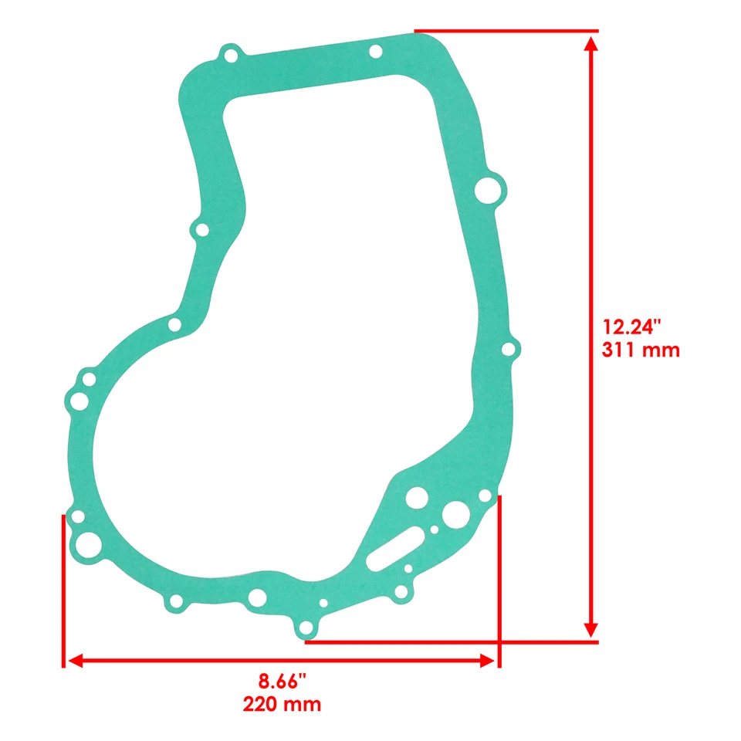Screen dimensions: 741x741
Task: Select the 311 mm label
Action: coord(641,350)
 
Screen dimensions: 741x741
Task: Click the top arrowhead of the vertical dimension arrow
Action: coord(591,43)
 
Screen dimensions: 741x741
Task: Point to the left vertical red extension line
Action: coord(62,590)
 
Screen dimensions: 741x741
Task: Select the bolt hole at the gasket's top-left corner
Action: coord(229,56)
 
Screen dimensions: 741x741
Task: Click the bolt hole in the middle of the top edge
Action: coord(375,51)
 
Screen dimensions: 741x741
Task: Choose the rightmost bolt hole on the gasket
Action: coord(508,350)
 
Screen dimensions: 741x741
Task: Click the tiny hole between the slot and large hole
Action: coord(435,530)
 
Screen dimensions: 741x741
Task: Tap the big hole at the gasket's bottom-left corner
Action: coord(86,543)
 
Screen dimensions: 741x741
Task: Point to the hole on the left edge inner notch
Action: coord(201,230)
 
